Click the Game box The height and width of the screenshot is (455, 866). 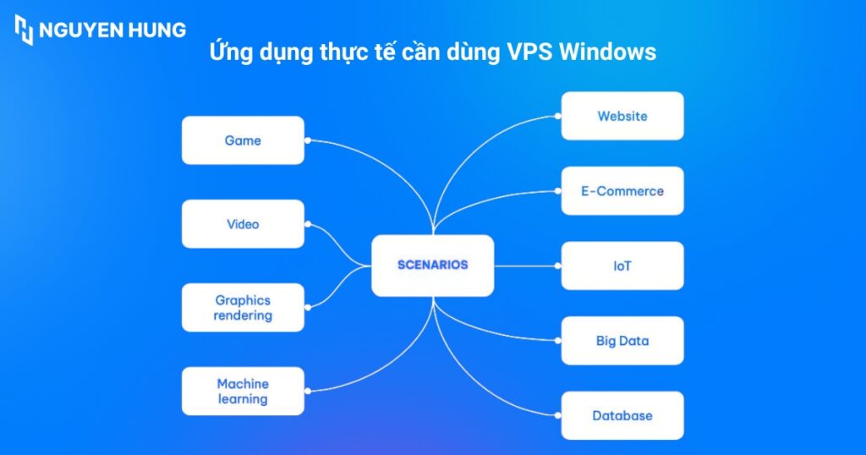pyautogui.click(x=243, y=140)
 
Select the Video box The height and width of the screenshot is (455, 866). pyautogui.click(x=243, y=224)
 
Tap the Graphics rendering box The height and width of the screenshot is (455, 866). pyautogui.click(x=243, y=308)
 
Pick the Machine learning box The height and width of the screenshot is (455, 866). pyautogui.click(x=243, y=392)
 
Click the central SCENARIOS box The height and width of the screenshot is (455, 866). pyautogui.click(x=432, y=265)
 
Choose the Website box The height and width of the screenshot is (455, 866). pyautogui.click(x=622, y=116)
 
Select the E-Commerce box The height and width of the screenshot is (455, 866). pyautogui.click(x=622, y=191)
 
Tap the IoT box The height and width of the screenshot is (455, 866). pyautogui.click(x=622, y=266)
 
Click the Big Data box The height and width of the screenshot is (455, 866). pyautogui.click(x=622, y=341)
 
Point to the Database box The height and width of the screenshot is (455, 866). pyautogui.click(x=622, y=415)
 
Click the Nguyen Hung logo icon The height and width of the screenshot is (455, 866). pyautogui.click(x=24, y=30)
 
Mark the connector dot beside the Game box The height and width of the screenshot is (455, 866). pyautogui.click(x=308, y=140)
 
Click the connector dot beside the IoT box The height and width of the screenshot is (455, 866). pyautogui.click(x=558, y=266)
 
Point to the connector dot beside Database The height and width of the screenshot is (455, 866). pyautogui.click(x=558, y=415)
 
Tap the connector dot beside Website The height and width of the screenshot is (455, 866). pyautogui.click(x=558, y=116)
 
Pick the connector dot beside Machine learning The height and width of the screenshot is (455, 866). pyautogui.click(x=308, y=392)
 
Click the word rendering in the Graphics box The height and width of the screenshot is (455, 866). pyautogui.click(x=243, y=315)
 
